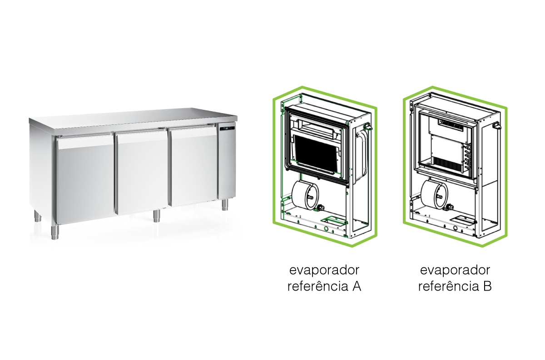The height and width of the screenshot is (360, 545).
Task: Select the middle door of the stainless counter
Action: click(141, 172)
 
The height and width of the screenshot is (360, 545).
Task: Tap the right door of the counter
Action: click(193, 166)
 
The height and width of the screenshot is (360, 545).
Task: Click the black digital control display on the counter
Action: click(227, 129)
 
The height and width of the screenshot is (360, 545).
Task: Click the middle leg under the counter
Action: click(156, 215)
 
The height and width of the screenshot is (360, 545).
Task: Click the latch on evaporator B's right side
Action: click(497, 126)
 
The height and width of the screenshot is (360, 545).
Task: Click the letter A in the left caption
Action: click(357, 287)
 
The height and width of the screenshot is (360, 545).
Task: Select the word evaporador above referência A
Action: click(324, 271)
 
